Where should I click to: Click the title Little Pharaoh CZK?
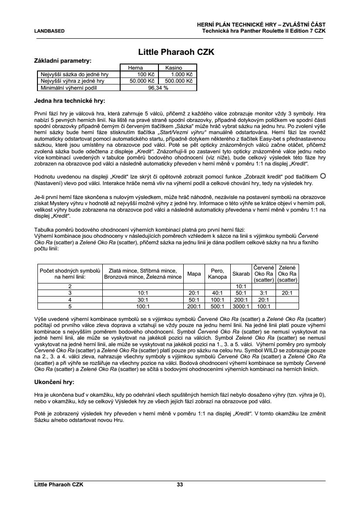point(176,52)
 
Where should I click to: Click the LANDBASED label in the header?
point(50,31)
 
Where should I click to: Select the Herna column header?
point(135,68)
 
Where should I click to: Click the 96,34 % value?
point(158,87)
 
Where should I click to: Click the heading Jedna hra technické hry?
point(70,101)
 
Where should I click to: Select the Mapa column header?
point(194,274)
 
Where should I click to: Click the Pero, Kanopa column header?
point(217,274)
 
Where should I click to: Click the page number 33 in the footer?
point(180,484)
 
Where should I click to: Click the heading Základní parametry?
point(63,61)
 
